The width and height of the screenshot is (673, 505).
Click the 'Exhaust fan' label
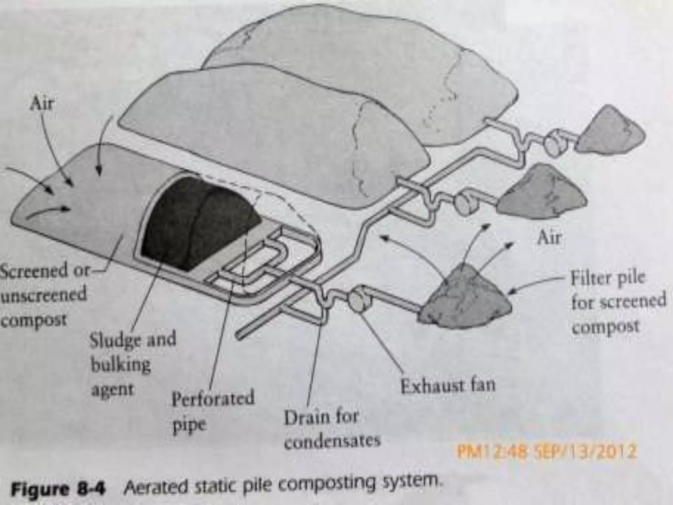(448, 385)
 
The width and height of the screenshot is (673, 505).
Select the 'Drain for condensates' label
(332, 429)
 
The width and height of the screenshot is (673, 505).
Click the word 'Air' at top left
(41, 105)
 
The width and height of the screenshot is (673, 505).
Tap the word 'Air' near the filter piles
(549, 237)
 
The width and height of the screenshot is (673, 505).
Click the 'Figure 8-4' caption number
(58, 489)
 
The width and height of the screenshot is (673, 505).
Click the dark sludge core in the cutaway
(197, 220)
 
